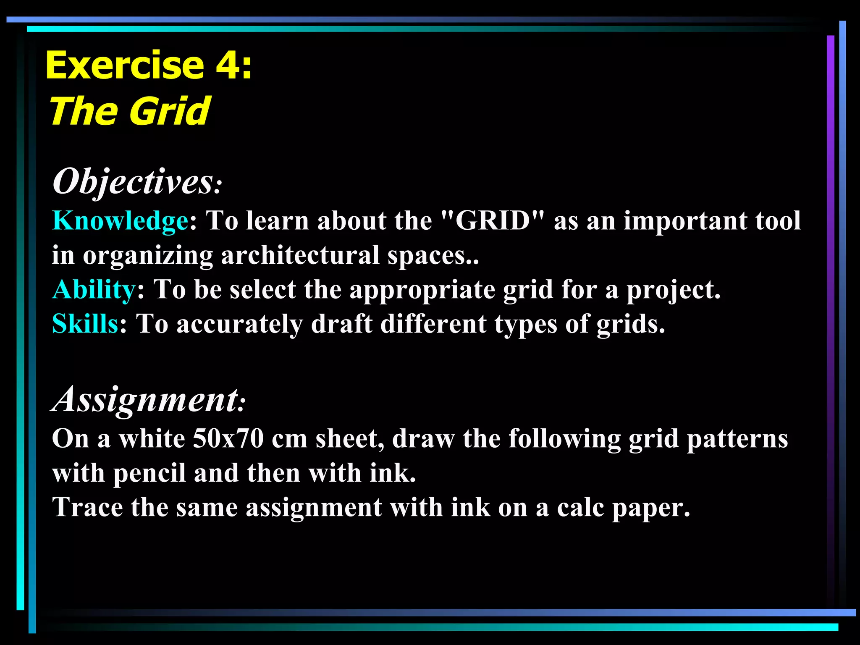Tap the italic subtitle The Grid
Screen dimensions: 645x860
click(129, 111)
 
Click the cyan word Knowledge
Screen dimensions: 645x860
click(120, 221)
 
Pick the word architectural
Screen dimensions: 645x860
click(300, 255)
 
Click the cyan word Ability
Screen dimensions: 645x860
click(93, 290)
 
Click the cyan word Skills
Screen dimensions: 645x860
click(85, 324)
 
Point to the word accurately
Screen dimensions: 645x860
click(239, 325)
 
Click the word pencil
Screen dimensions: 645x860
click(149, 474)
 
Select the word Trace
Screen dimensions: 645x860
click(87, 507)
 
